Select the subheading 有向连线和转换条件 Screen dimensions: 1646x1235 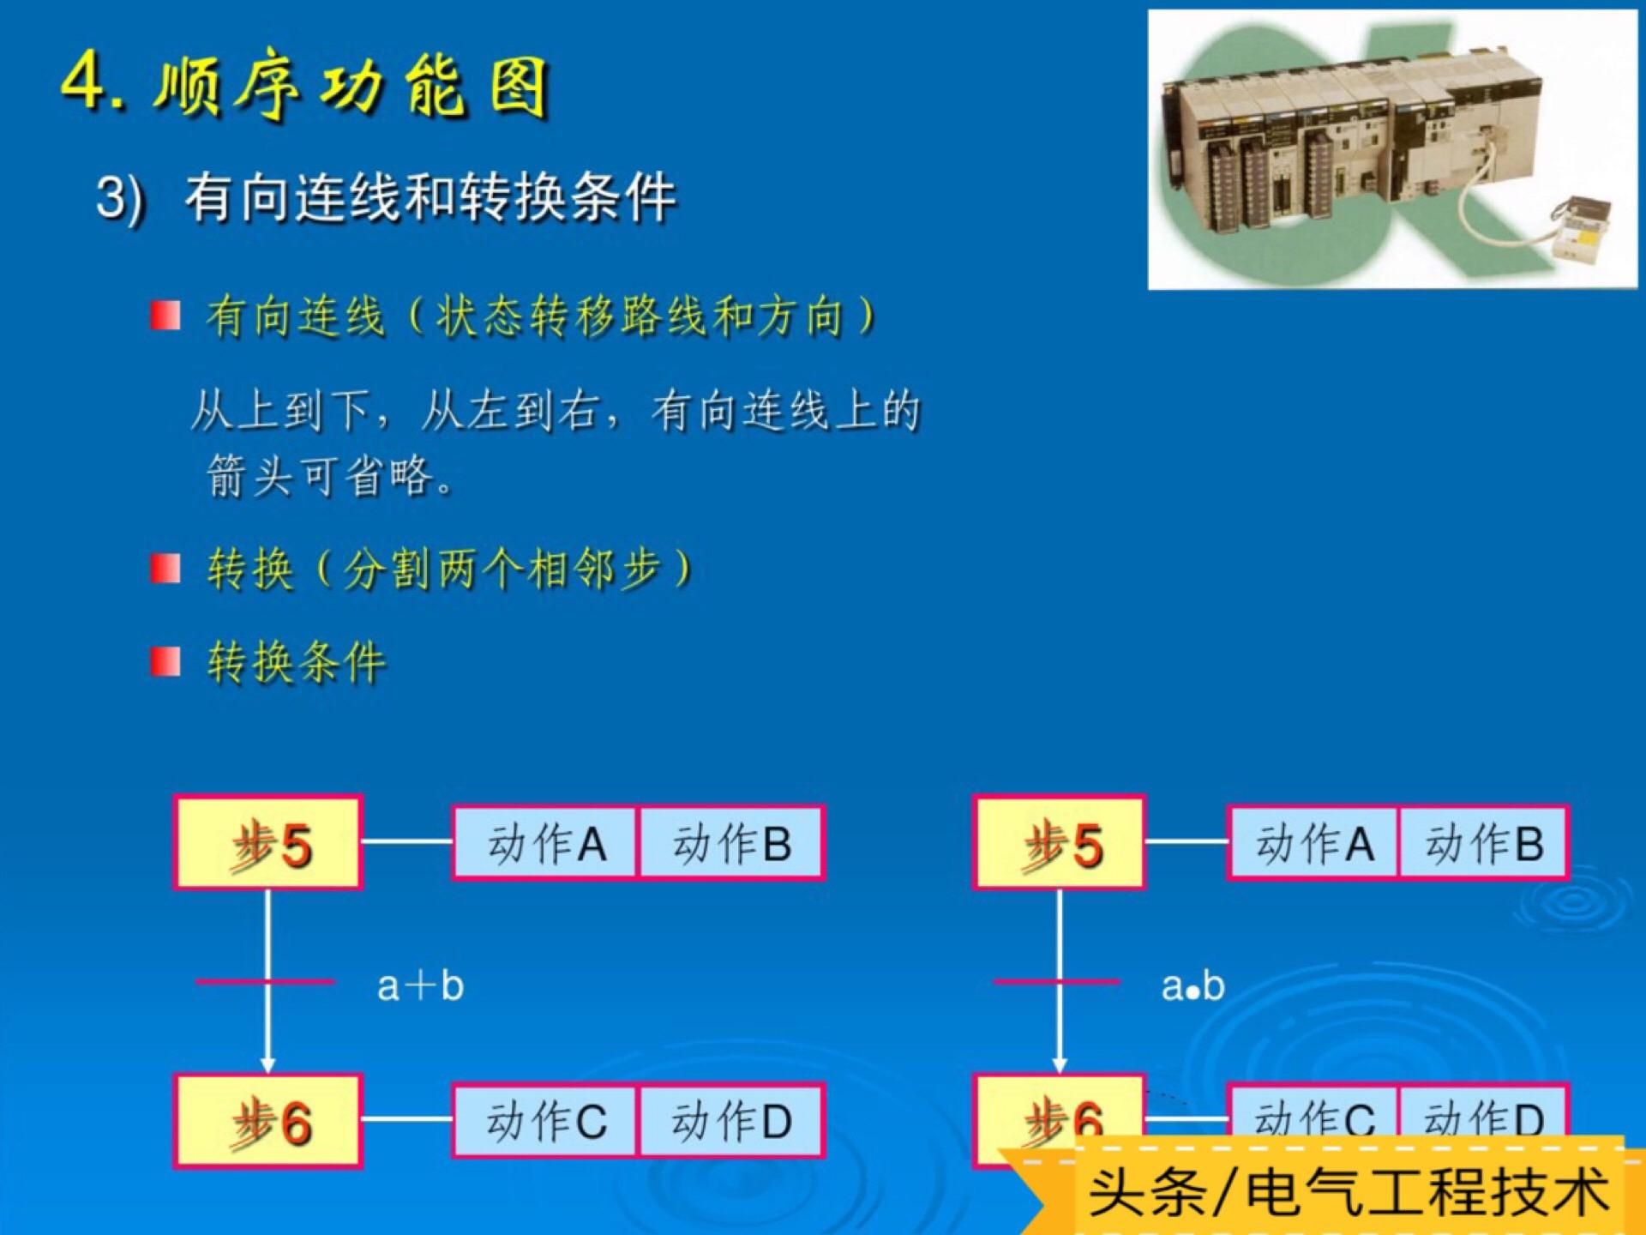(x=430, y=197)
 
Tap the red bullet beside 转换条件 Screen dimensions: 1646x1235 (x=165, y=661)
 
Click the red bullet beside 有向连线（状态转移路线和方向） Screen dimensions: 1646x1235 (x=165, y=315)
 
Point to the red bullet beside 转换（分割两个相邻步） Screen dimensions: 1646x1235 (x=165, y=568)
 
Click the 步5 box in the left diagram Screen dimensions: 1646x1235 (x=268, y=842)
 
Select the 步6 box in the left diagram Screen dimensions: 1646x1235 (x=268, y=1121)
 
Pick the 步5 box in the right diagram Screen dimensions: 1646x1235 (x=1060, y=842)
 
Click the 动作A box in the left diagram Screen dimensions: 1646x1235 (x=545, y=843)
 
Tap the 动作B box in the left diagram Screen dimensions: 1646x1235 (x=731, y=843)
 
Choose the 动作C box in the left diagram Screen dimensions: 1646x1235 (x=545, y=1121)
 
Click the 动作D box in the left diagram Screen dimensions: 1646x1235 (x=731, y=1121)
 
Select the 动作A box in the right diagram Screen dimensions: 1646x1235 (x=1314, y=843)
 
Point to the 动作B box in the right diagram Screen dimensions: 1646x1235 (x=1484, y=843)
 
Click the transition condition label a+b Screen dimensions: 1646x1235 (x=420, y=985)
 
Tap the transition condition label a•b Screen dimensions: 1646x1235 (x=1192, y=986)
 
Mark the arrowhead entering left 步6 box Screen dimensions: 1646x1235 (x=268, y=1065)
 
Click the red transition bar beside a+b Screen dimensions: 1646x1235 (x=265, y=981)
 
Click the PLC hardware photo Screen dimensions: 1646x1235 (x=1392, y=149)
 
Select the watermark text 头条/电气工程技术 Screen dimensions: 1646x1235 (x=1349, y=1191)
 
